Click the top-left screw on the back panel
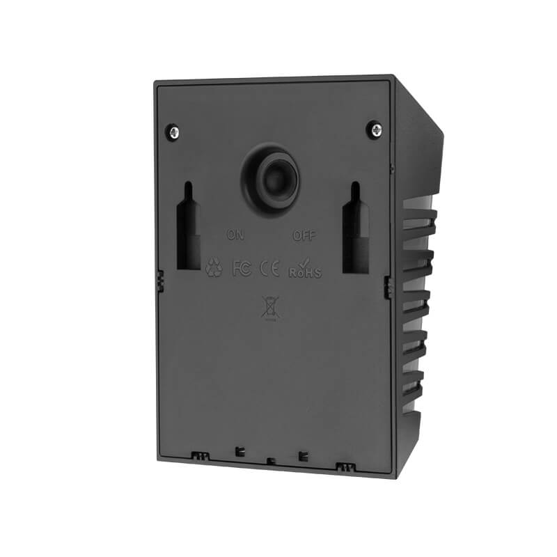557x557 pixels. pyautogui.click(x=173, y=132)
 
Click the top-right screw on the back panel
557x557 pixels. pyautogui.click(x=376, y=130)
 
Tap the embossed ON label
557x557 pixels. pyautogui.click(x=235, y=235)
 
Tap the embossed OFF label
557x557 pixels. pyautogui.click(x=304, y=235)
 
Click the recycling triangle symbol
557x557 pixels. pyautogui.click(x=214, y=267)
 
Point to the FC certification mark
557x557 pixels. pyautogui.click(x=242, y=268)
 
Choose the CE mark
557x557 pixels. pyautogui.click(x=269, y=269)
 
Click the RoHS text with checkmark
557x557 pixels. pyautogui.click(x=305, y=269)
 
